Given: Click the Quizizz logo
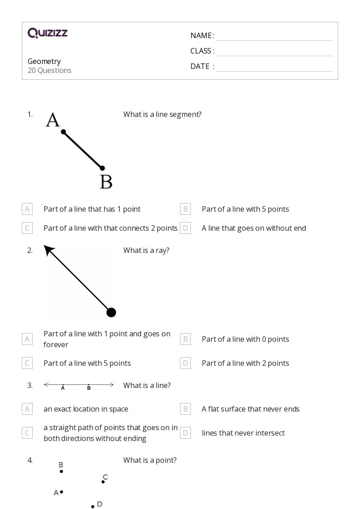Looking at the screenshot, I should [x=48, y=33].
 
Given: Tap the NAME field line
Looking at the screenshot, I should [x=274, y=36].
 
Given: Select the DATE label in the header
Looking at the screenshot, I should [x=200, y=66].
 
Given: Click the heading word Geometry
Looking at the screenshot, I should [x=44, y=61].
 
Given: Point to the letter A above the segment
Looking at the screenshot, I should [x=53, y=120].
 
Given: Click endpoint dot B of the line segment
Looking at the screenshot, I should [x=102, y=168].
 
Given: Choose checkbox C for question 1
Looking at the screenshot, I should [x=27, y=228].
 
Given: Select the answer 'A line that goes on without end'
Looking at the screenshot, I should [x=253, y=228].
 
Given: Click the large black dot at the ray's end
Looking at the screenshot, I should [x=111, y=312].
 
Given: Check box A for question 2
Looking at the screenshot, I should [x=27, y=339].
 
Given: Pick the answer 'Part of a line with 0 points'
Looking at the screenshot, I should [x=245, y=339].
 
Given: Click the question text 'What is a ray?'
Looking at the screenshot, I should [x=146, y=250].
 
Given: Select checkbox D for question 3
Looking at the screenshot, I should [x=185, y=433].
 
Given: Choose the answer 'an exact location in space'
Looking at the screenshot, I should [x=86, y=409].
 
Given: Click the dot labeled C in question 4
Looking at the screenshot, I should [x=103, y=482].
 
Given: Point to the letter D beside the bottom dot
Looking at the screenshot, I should [x=100, y=504].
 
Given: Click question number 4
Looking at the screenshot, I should [x=30, y=460].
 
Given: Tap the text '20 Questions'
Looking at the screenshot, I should [x=49, y=70].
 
